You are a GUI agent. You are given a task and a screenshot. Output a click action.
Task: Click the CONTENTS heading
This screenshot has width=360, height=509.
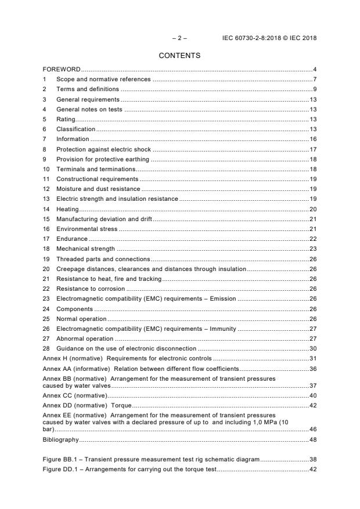[x=179, y=56]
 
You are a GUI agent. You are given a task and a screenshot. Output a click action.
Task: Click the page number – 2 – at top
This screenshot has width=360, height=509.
[x=179, y=38]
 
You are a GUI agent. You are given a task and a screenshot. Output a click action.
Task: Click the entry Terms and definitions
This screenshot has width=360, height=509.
[x=87, y=89]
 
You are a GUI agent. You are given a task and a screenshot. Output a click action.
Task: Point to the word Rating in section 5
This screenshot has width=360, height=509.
[x=66, y=119]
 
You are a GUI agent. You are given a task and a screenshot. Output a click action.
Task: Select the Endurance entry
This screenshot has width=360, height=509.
[x=72, y=239]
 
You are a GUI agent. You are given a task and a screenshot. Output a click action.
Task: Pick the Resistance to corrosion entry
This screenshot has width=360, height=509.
[x=90, y=288]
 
